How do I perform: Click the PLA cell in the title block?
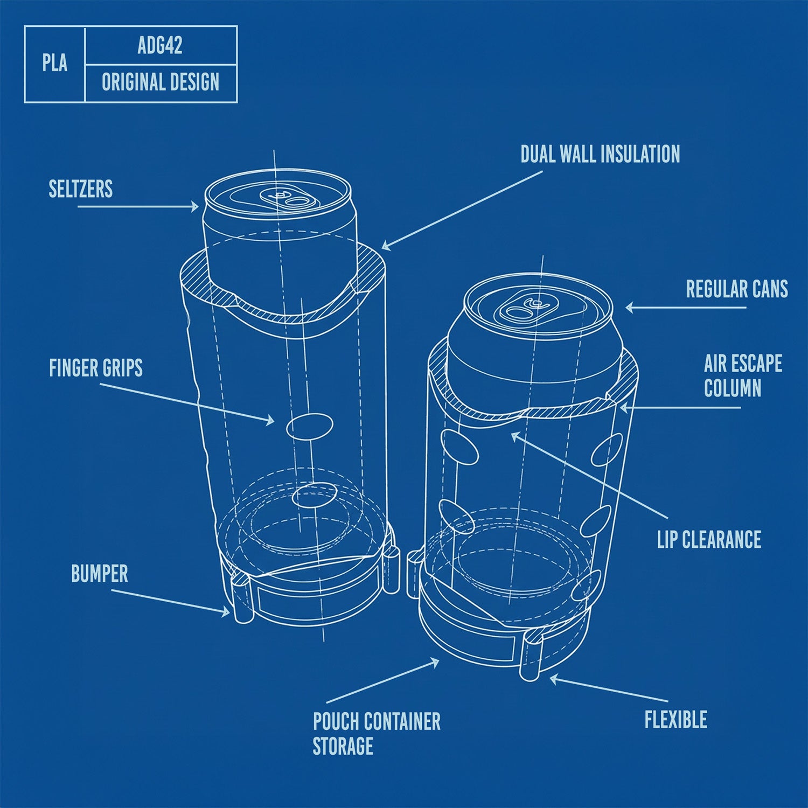(x=55, y=64)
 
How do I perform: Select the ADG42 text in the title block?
(x=160, y=46)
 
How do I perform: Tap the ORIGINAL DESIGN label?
(x=161, y=82)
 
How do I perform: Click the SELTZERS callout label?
(x=81, y=189)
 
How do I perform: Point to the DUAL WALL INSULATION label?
(x=600, y=155)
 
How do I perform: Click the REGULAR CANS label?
(x=736, y=289)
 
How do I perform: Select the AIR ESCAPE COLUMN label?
(x=742, y=376)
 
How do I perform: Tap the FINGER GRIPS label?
(x=96, y=368)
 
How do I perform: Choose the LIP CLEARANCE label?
(x=709, y=540)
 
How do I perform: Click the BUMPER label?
(x=100, y=574)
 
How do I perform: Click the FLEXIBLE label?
(x=675, y=720)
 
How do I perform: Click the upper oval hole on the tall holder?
(x=309, y=426)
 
